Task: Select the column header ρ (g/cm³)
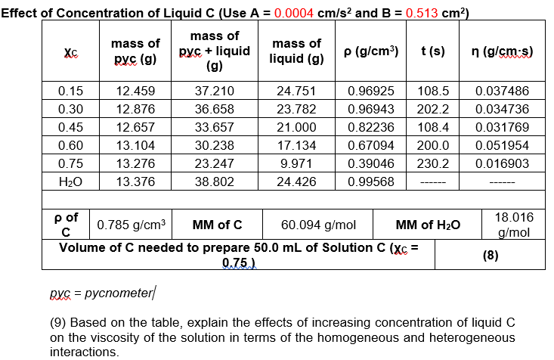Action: tap(373, 51)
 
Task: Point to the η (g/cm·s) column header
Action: tap(503, 51)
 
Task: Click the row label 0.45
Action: tap(70, 126)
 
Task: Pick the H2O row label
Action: tap(70, 181)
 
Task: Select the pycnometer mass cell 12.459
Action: tap(137, 90)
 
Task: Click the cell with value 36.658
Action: tap(215, 108)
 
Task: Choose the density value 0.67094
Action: tap(370, 144)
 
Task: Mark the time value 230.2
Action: tap(432, 163)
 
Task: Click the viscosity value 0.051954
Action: tap(503, 144)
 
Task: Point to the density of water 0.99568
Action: tap(370, 181)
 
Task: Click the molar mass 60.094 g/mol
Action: tap(318, 224)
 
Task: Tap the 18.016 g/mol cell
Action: tap(518, 224)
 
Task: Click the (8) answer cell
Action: tap(491, 255)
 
